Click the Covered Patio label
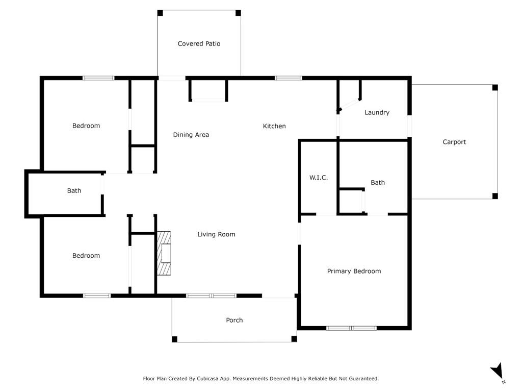click(199, 44)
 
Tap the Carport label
click(454, 142)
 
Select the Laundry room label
click(377, 112)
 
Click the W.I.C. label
click(318, 178)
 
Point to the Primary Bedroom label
click(354, 271)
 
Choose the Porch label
click(234, 320)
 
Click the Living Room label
click(216, 234)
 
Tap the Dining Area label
click(191, 135)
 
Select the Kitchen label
click(274, 126)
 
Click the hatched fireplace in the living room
click(164, 253)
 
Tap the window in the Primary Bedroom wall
click(351, 328)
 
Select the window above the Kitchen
click(288, 78)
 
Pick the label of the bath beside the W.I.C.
click(378, 182)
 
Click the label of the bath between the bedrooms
click(74, 191)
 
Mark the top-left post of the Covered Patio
click(160, 13)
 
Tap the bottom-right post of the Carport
click(494, 196)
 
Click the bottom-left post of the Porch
click(174, 339)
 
